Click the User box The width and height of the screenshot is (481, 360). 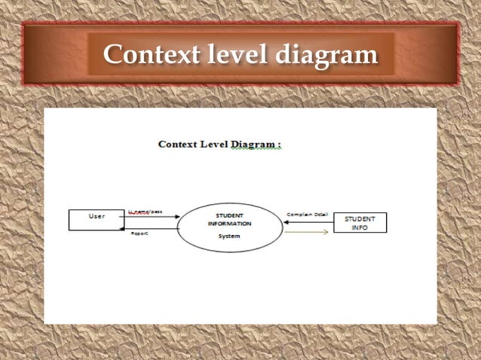[x=97, y=219]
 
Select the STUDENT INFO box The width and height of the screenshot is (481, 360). [x=360, y=223]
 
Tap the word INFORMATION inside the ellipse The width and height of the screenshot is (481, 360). [x=231, y=224]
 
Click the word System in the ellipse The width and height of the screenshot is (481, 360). [x=229, y=236]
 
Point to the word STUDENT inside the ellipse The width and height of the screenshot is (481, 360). [x=231, y=215]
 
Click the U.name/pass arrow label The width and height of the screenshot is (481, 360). [x=146, y=212]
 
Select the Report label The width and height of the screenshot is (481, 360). [x=139, y=234]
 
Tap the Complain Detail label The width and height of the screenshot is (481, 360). [x=307, y=215]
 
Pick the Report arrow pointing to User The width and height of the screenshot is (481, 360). [x=151, y=229]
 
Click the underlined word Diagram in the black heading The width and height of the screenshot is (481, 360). [x=254, y=144]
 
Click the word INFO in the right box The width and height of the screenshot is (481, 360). [x=360, y=227]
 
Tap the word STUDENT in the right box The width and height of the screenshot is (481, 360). [x=360, y=219]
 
